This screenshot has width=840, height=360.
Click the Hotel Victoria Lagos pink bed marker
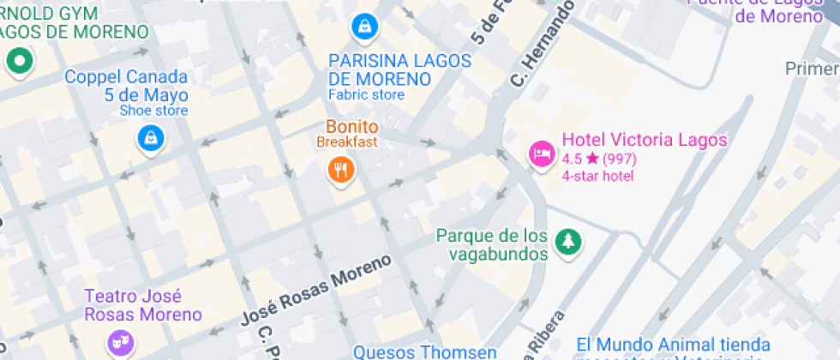542,154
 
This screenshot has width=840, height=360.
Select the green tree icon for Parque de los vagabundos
567,243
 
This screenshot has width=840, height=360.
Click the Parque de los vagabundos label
491,244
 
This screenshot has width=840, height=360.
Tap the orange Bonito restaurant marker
341,169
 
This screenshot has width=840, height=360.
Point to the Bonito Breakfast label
347,134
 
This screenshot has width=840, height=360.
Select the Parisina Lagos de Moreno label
400,70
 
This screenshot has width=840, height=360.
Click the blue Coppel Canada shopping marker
151,138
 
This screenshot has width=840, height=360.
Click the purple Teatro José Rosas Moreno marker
116,343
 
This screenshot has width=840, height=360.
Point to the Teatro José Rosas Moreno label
143,305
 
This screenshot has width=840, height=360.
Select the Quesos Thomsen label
424,351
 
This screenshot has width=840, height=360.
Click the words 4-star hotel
597,176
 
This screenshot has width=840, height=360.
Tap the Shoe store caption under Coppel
153,111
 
